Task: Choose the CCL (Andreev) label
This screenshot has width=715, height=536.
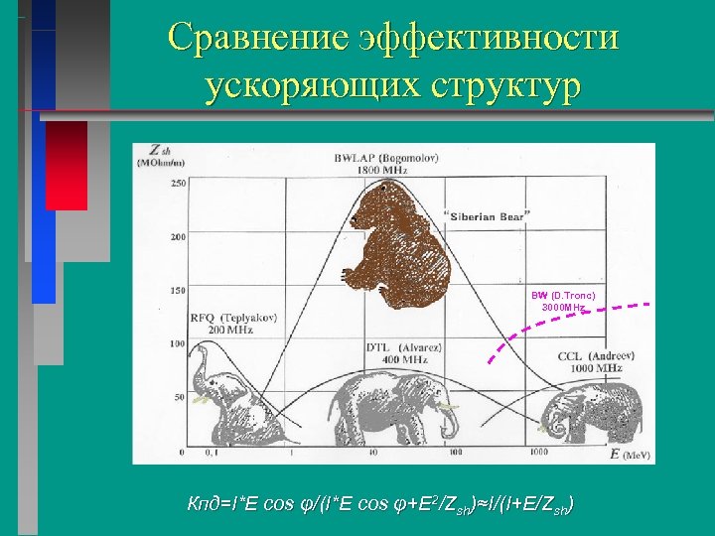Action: tap(589, 360)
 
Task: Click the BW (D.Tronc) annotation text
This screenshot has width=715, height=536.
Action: tap(562, 301)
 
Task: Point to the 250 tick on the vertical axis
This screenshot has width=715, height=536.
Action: tap(178, 184)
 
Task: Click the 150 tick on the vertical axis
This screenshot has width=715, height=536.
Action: tap(178, 291)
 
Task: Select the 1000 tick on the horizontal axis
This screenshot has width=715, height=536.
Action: tap(538, 453)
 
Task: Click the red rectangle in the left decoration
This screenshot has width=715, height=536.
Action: tap(67, 164)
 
